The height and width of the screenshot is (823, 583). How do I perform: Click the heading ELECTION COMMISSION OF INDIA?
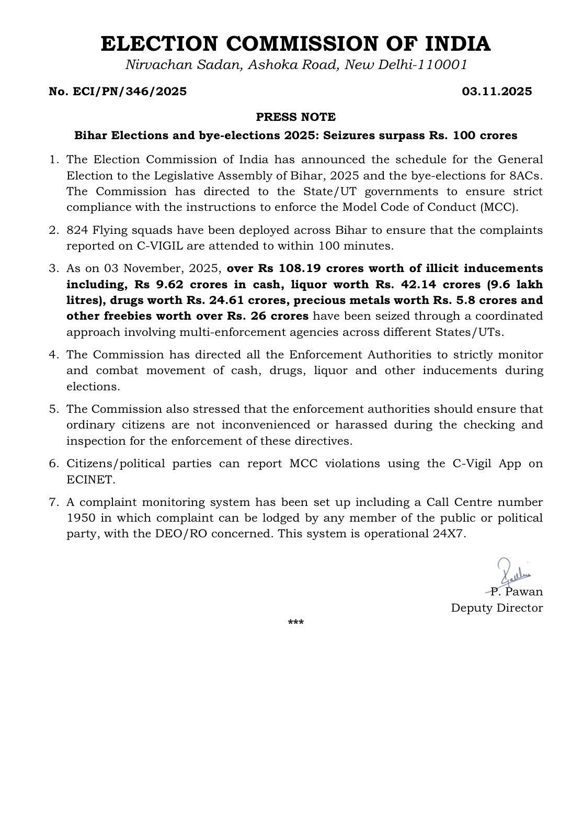pos(295,44)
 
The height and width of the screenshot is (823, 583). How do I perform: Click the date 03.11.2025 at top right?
pos(497,92)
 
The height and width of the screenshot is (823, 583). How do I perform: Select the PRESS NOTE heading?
pos(295,117)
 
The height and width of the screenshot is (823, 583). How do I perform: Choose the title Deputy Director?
pos(497,608)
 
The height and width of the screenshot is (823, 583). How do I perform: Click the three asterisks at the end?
pos(295,623)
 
